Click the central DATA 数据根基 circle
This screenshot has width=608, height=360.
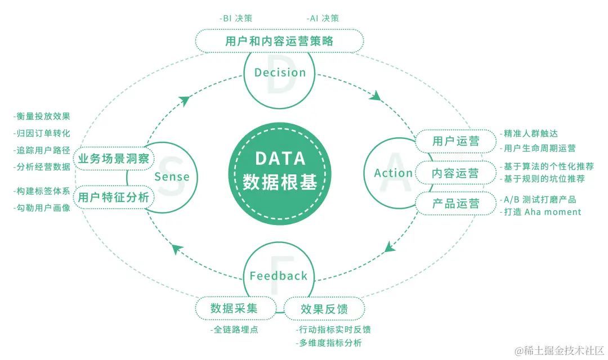point(279,170)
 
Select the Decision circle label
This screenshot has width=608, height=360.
point(280,73)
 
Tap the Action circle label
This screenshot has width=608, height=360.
point(393,173)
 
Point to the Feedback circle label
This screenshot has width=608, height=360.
point(279,276)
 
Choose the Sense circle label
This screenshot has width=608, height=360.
point(172,177)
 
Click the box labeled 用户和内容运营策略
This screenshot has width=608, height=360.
point(279,41)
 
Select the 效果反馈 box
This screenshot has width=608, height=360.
point(324,309)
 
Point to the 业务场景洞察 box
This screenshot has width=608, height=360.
point(114,159)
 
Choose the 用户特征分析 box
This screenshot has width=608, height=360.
point(114,197)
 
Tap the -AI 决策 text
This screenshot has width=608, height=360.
point(323,18)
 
